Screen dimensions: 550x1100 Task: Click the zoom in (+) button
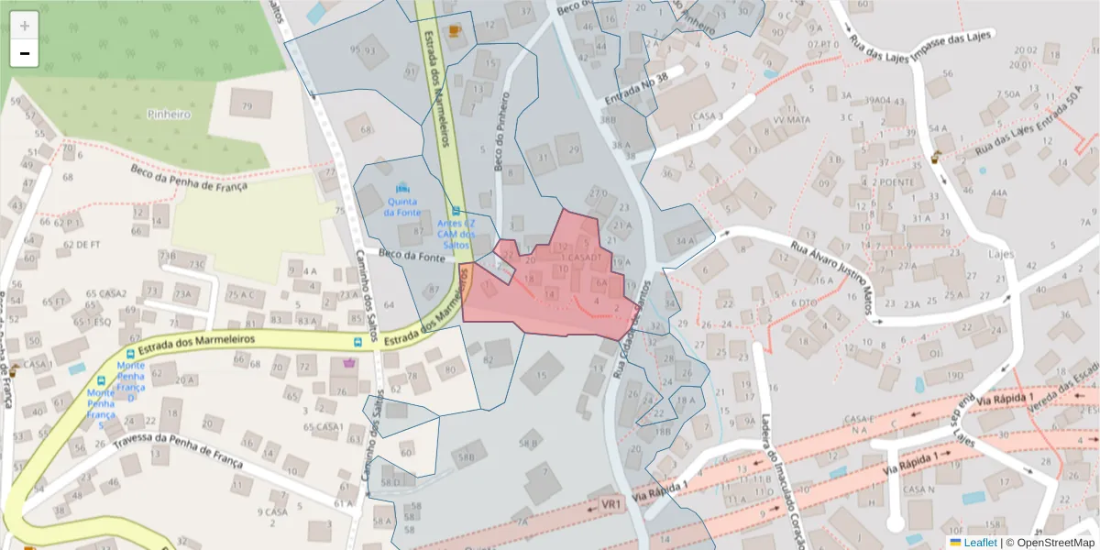pyautogui.click(x=25, y=26)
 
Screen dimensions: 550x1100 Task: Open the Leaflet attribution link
pyautogui.click(x=979, y=542)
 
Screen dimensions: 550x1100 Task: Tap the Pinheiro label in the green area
pyautogui.click(x=169, y=115)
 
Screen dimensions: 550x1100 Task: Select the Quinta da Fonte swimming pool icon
pyautogui.click(x=402, y=188)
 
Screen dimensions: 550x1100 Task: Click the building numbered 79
pyautogui.click(x=245, y=106)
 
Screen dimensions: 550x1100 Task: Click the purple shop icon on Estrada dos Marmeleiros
pyautogui.click(x=348, y=363)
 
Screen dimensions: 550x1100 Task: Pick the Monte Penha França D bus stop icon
pyautogui.click(x=129, y=354)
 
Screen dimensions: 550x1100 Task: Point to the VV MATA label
pyautogui.click(x=791, y=119)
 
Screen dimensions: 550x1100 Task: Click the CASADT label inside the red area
pyautogui.click(x=584, y=258)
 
